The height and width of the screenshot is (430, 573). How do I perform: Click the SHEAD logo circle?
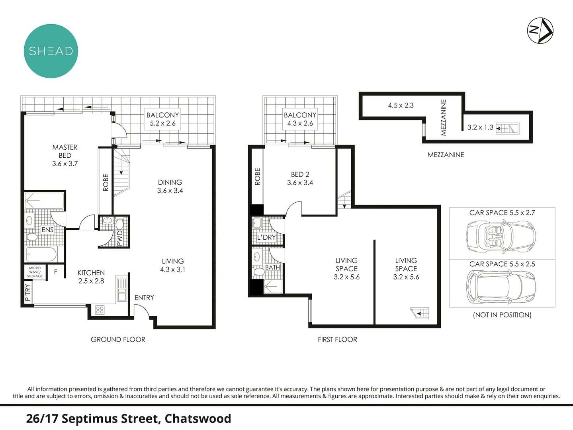tap(51, 51)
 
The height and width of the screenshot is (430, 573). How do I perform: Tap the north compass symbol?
tap(540, 30)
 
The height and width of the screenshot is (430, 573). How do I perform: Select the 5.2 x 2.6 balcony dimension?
tap(162, 123)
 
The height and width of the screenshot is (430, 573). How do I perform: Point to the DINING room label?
tap(170, 182)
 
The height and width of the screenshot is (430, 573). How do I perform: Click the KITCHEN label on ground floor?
tap(91, 273)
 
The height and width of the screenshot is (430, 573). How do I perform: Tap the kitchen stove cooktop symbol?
tap(100, 310)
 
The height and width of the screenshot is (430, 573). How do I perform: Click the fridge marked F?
tap(56, 272)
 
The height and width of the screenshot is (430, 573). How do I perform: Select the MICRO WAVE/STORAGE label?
tap(35, 272)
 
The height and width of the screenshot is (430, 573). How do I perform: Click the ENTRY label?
tap(144, 298)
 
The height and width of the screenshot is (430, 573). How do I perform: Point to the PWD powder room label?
tap(119, 238)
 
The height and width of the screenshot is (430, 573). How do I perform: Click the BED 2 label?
tap(300, 174)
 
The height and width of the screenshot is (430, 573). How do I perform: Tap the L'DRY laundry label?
tap(266, 237)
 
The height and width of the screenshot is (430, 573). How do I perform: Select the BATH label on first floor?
tap(273, 268)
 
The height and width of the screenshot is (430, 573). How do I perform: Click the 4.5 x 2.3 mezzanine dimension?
tap(401, 106)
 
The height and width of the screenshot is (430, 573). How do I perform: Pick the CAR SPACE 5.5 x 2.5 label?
tap(502, 264)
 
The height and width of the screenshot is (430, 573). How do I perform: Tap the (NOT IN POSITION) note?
tap(502, 315)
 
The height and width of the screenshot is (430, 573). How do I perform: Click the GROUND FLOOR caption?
tap(118, 340)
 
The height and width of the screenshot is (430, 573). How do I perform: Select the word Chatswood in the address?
tap(198, 419)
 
